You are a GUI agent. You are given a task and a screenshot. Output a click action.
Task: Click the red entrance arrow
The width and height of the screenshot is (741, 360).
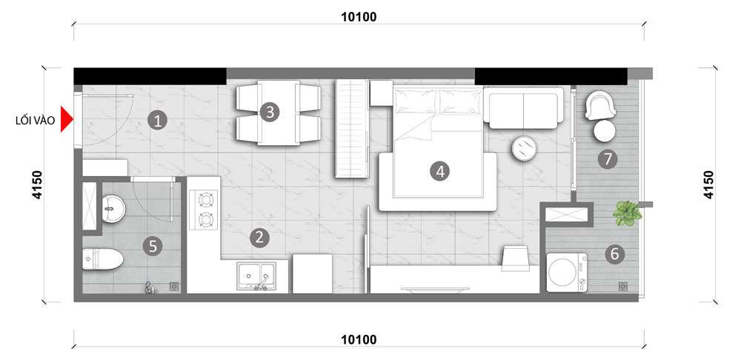(66, 120)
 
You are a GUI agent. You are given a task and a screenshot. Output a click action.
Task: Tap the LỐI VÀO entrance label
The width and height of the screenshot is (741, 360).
(35, 121)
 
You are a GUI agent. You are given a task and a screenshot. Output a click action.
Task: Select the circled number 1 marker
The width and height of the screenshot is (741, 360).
(157, 121)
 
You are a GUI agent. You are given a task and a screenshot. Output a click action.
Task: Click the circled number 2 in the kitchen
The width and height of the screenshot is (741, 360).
(259, 238)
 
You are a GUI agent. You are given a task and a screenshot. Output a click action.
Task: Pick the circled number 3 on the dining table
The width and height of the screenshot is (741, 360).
(270, 113)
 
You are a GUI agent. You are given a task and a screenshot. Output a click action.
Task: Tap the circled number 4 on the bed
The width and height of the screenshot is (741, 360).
(440, 171)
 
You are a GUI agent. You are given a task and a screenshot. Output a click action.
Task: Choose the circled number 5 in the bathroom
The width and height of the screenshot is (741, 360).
(153, 246)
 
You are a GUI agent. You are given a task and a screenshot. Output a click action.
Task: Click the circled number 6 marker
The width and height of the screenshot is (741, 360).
(614, 254)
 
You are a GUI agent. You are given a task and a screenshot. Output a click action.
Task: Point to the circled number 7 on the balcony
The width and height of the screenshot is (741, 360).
(608, 159)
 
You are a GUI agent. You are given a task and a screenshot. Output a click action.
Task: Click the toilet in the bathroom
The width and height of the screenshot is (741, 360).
(103, 259)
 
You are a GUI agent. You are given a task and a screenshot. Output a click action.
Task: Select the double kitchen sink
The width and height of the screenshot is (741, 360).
(256, 276)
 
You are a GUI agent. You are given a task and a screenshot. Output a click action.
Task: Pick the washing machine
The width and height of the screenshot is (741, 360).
(567, 272)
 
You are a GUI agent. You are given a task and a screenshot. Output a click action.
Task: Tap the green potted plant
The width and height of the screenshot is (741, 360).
(627, 213)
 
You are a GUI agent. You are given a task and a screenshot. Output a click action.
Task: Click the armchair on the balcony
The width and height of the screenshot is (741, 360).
(600, 105)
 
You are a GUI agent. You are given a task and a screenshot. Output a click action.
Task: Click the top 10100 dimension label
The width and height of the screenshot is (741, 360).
(359, 17)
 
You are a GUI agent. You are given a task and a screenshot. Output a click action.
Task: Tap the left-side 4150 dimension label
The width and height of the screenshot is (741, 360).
(37, 184)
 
